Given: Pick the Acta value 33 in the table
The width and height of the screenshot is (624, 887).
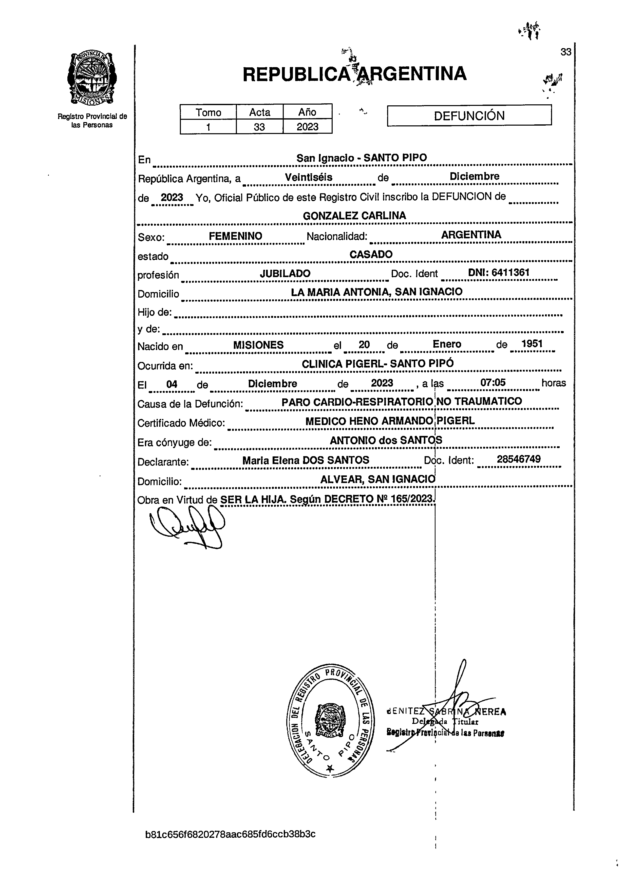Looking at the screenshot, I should click(x=259, y=127).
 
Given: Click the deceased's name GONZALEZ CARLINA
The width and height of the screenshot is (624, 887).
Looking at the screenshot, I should click(x=354, y=216).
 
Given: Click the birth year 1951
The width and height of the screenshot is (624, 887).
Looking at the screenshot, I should click(x=532, y=344).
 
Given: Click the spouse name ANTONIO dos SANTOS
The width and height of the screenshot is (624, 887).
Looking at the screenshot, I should click(x=386, y=440).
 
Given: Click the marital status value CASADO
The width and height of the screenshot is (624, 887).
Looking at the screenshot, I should click(x=371, y=254).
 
